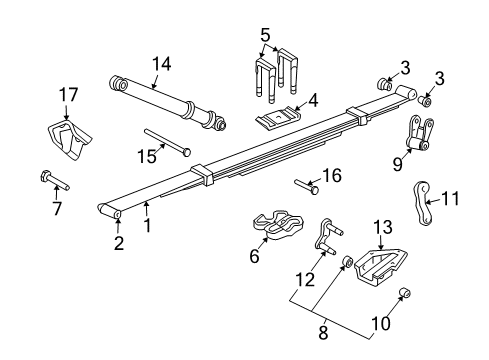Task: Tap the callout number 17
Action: pos(67,95)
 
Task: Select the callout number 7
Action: pos(57,208)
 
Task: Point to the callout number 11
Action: pos(451,197)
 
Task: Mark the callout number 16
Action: pos(332,175)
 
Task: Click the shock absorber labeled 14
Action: pos(171,103)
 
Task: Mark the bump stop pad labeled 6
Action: pos(273,229)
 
